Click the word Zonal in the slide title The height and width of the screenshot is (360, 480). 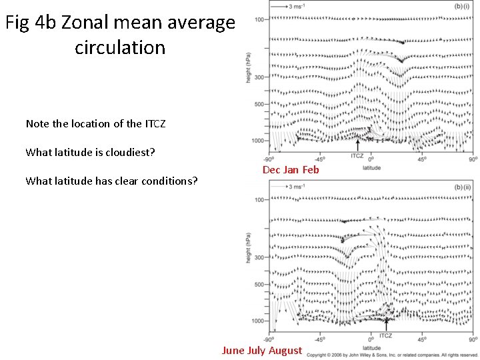[85, 23]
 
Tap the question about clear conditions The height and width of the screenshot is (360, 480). [111, 181]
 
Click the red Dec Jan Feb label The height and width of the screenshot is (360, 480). [291, 170]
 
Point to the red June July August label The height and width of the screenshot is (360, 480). [262, 351]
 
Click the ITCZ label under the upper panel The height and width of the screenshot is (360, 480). [357, 156]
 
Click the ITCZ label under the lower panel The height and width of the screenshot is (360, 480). [386, 336]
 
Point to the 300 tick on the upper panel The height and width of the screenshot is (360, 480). [258, 77]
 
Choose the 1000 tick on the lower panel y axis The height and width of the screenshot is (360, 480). [257, 321]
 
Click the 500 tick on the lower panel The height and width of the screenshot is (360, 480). [258, 285]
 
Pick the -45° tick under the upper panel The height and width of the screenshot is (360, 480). [319, 159]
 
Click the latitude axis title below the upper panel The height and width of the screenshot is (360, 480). [372, 167]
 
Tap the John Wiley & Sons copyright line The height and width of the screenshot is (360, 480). [392, 355]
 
